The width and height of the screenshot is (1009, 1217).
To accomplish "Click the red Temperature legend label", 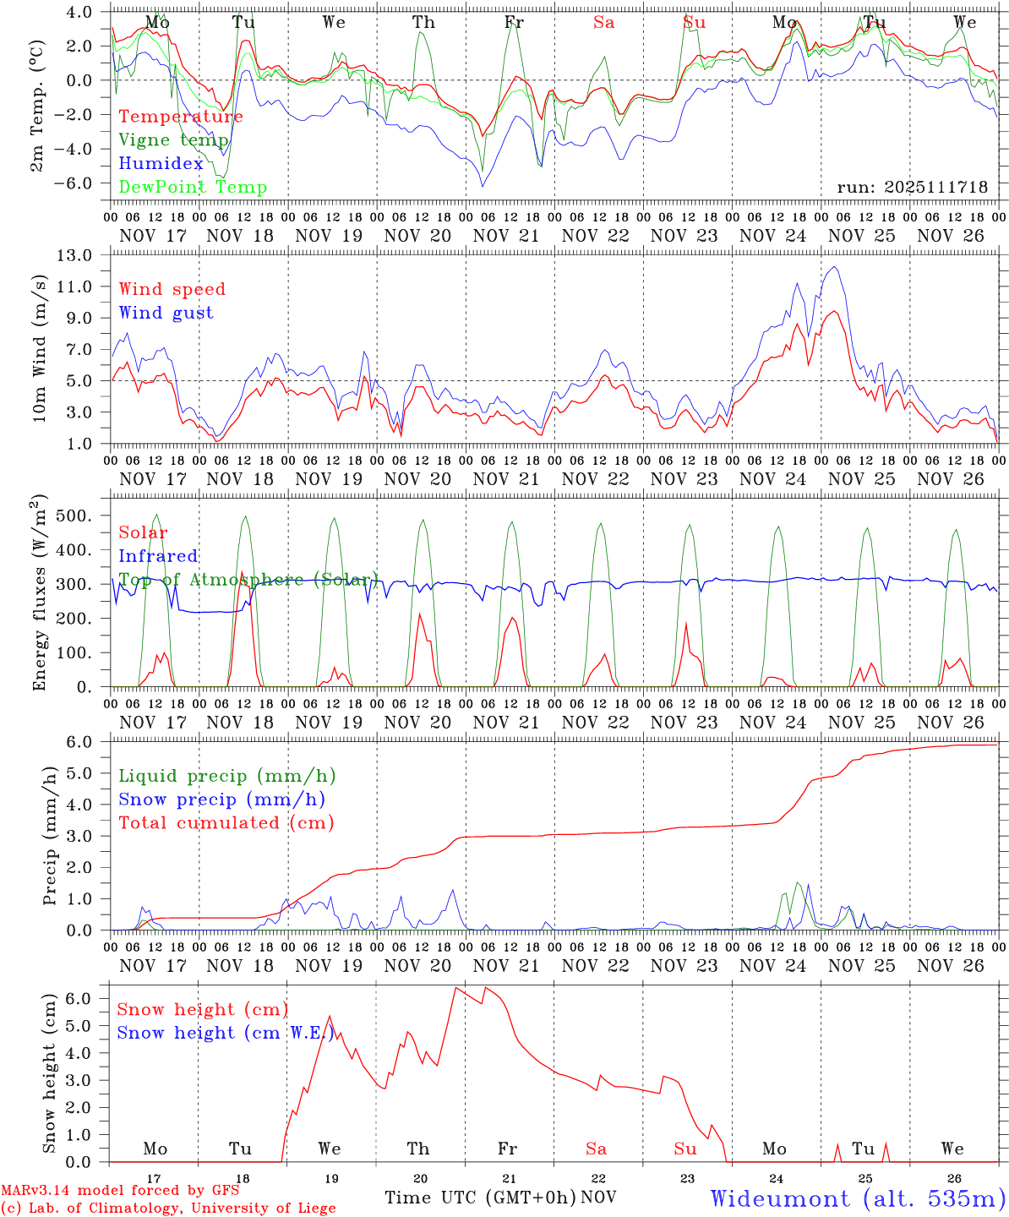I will coord(181,117).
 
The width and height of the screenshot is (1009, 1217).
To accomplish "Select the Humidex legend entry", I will coord(161,164).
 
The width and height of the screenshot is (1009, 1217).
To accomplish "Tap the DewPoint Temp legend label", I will coord(193,188).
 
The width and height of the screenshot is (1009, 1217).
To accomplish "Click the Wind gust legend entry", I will coord(166,313).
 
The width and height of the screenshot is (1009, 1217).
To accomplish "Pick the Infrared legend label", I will coord(158,556).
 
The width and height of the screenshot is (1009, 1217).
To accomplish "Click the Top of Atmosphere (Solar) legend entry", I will coord(248,580).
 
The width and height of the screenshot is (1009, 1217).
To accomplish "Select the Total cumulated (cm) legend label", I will coord(226,823).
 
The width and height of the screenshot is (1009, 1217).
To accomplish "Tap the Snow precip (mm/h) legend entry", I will coord(221,800).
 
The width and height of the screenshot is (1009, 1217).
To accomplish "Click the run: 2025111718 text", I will coord(912,187).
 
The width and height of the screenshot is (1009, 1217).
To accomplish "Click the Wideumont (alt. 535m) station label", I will coord(858,1198).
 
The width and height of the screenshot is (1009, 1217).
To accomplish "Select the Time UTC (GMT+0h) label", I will coord(480,1198).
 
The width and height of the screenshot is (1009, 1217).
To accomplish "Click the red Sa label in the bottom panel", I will coord(596,1149).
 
